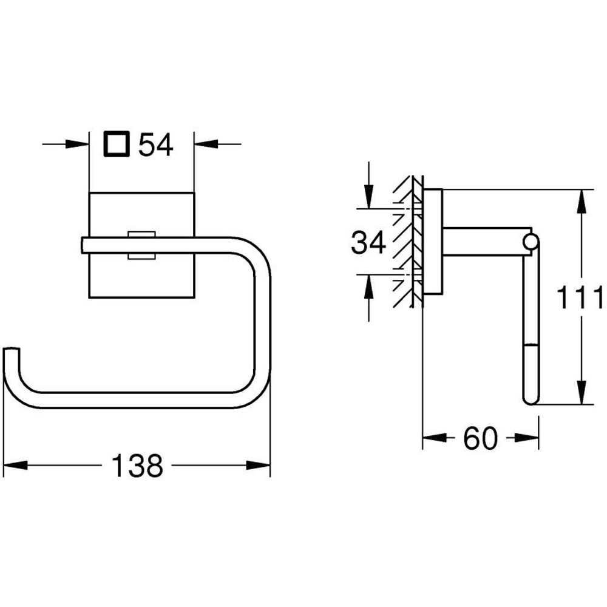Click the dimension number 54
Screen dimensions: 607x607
click(x=156, y=145)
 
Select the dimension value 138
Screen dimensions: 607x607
click(x=138, y=466)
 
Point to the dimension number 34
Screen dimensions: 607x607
click(x=368, y=243)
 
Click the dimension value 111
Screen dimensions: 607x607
click(x=582, y=299)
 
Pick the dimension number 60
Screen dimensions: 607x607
click(x=480, y=438)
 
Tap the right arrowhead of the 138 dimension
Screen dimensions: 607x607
click(x=261, y=466)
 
